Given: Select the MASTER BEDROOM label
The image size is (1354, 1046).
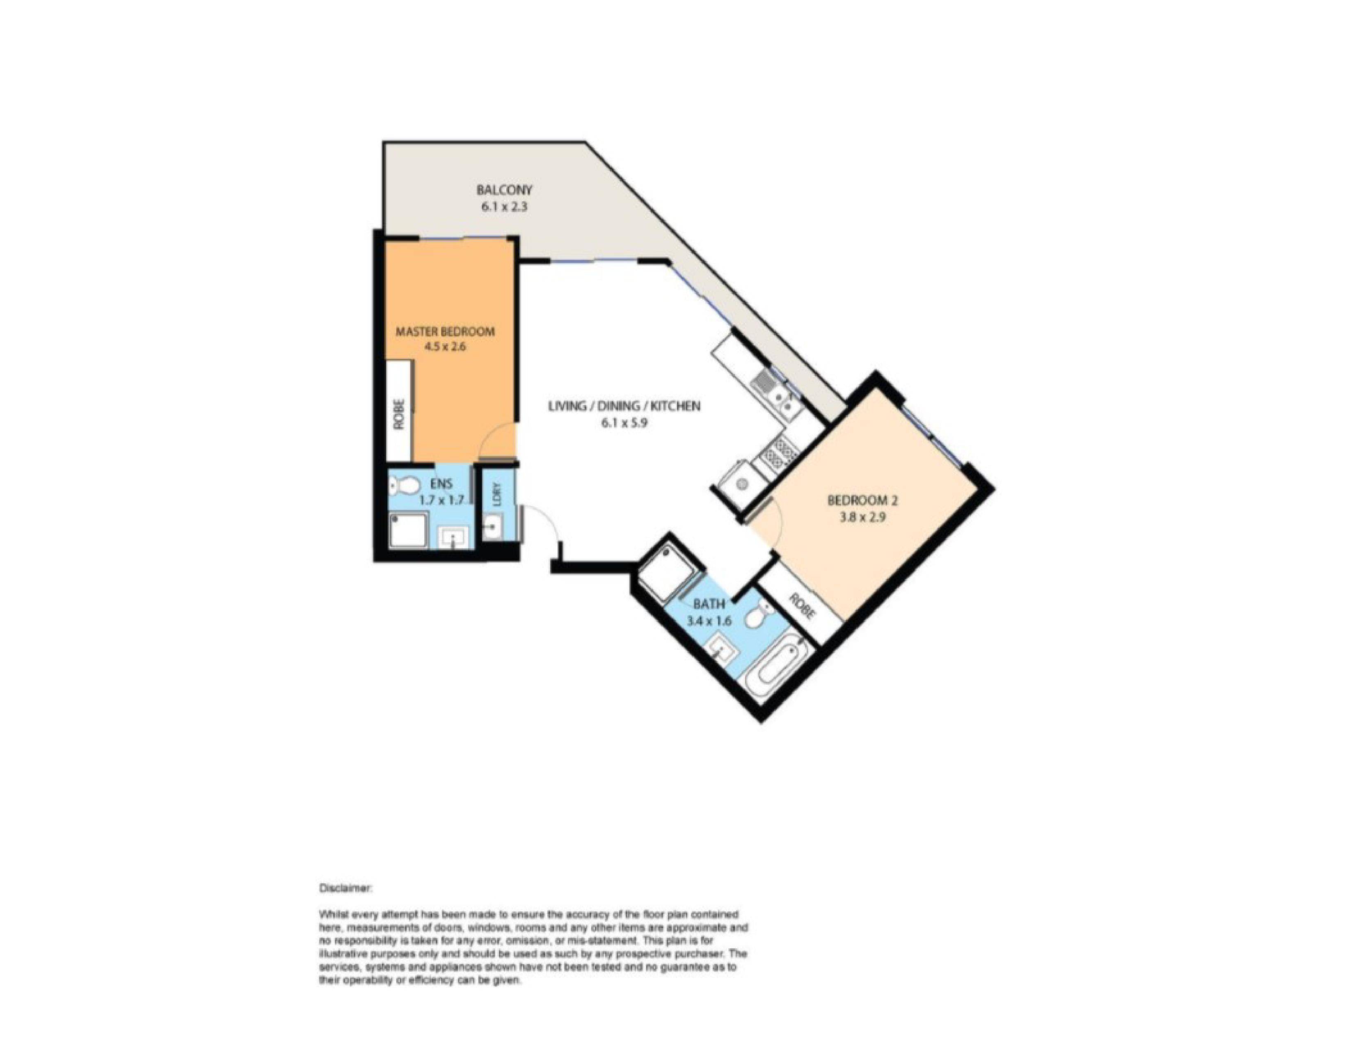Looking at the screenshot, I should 445,331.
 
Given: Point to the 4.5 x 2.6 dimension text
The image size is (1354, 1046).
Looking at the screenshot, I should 445,347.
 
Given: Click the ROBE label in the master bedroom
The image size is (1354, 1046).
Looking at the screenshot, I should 399,413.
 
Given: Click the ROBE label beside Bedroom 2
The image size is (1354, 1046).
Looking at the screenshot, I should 802,607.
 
